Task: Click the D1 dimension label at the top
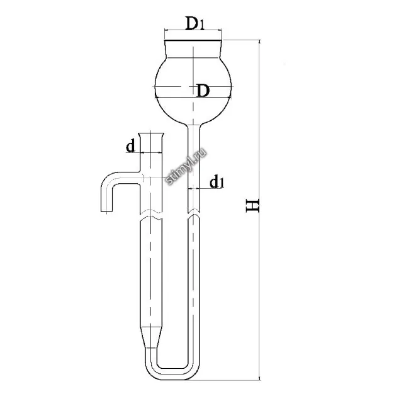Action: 194,23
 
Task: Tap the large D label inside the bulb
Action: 203,91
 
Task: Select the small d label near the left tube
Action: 130,146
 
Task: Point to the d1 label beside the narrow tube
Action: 217,182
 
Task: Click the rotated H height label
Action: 252,205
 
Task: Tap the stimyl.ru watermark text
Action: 186,166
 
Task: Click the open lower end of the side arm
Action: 106,211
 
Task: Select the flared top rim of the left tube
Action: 151,134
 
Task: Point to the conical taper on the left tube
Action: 151,337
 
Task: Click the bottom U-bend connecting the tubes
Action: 172,373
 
